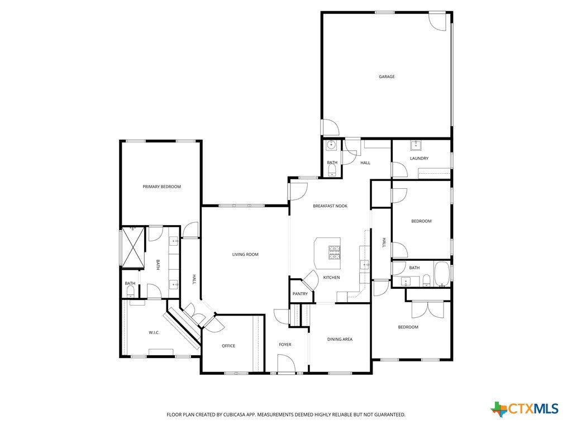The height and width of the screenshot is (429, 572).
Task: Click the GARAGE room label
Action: [387, 77]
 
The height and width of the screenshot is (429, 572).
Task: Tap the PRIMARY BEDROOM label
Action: [161, 187]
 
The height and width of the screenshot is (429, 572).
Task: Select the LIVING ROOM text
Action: [245, 255]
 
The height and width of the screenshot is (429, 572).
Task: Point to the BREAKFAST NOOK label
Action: [330, 206]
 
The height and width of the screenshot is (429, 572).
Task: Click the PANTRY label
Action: [300, 294]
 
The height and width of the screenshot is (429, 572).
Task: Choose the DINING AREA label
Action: [340, 339]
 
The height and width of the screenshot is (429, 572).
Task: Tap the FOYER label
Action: [285, 345]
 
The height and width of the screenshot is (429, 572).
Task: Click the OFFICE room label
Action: [228, 346]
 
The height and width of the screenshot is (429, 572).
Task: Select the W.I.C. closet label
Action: [154, 333]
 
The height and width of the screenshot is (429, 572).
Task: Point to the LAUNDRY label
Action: [419, 158]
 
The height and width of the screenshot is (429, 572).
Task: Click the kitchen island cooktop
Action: [335, 253]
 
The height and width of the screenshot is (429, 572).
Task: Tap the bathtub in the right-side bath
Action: [442, 274]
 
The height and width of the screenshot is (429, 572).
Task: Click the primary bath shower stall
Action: [133, 247]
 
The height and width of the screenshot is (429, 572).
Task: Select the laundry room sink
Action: [416, 146]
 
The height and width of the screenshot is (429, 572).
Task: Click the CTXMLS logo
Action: [525, 409]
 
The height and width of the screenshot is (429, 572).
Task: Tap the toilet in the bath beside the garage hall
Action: [332, 170]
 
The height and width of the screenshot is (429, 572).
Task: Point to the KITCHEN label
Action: [332, 278]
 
